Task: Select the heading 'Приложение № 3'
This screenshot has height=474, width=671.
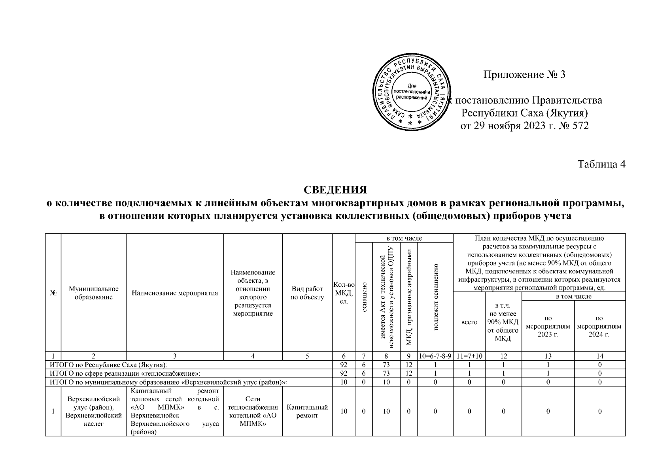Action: [x=524, y=74]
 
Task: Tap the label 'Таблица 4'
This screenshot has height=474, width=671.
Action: [x=601, y=164]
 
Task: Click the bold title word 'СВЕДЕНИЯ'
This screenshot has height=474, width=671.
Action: [x=335, y=190]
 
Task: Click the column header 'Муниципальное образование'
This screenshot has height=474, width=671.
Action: [x=94, y=293]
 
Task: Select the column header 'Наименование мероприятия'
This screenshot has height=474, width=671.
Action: [x=175, y=293]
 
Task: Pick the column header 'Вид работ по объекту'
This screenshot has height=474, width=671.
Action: [x=307, y=293]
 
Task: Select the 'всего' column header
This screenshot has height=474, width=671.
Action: [x=469, y=322]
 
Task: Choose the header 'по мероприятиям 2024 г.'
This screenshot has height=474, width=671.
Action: [x=599, y=326]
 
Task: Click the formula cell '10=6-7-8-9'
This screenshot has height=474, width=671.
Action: [x=435, y=356]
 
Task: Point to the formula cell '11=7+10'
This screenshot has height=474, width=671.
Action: [x=469, y=356]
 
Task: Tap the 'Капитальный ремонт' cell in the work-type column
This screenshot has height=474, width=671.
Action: [x=307, y=411]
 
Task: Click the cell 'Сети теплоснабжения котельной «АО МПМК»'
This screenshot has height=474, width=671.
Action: [x=253, y=411]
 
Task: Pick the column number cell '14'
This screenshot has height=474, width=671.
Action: [x=599, y=356]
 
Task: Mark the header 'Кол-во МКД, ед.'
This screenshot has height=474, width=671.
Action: [x=344, y=293]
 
